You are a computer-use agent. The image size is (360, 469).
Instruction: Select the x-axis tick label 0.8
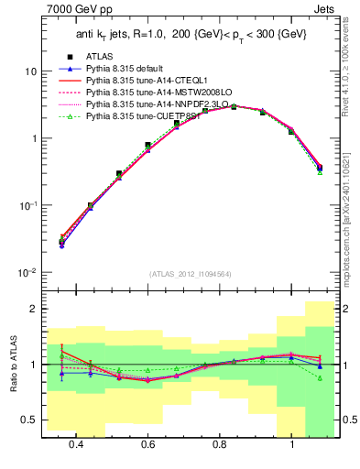pos(220,444)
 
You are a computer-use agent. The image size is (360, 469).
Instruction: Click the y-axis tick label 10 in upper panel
pos(29,71)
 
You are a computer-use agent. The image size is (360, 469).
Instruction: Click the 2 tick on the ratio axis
pos(33,309)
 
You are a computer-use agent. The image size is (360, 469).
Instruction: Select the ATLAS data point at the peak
pos(234,106)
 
